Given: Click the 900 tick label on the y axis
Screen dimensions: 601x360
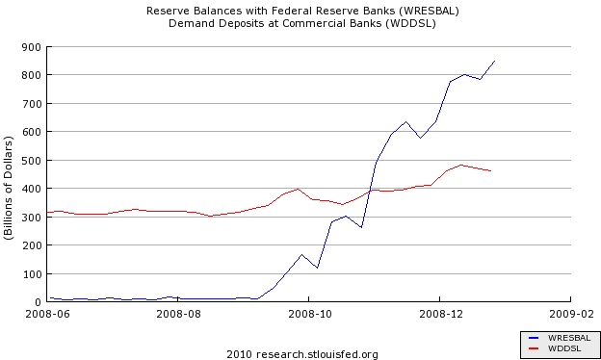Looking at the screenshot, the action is coord(32,47).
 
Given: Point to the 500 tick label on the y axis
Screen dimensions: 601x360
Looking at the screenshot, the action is coord(32,161).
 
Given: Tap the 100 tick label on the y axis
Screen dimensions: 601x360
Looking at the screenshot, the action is coord(32,274).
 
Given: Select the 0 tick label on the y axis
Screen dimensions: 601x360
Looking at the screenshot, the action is coord(38,302).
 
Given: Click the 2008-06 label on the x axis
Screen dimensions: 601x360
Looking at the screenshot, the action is coord(48,314).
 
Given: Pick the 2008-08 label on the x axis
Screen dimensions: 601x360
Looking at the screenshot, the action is coord(178,314).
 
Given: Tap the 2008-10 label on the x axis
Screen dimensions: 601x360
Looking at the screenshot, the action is coord(310,314).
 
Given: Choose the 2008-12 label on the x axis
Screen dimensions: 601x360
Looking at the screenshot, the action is coord(441,314).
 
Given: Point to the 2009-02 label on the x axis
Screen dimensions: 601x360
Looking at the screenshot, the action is coord(571,314).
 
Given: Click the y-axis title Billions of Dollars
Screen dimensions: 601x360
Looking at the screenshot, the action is coord(9,188).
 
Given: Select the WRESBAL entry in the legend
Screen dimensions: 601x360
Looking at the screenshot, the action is coord(569,338).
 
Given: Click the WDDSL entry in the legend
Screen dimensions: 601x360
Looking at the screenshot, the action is coord(564,348).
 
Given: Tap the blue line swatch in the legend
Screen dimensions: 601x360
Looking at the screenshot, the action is coord(534,338).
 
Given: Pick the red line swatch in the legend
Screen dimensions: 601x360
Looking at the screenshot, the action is coord(534,348).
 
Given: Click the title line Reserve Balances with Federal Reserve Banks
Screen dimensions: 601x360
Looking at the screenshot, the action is coord(302,11).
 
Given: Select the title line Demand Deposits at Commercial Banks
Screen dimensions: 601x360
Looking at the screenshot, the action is coord(302,23).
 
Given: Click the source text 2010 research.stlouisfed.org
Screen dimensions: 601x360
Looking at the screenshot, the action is coord(302,354).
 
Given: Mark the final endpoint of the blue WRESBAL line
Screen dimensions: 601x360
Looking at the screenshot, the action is coord(495,61).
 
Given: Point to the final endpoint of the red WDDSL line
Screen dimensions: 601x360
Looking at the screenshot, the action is coord(491,170).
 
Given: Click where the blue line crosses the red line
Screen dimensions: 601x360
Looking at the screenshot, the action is coord(370,190).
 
